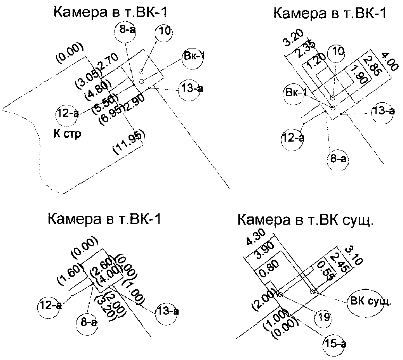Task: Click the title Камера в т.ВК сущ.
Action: (305, 220)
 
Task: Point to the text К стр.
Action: (68, 134)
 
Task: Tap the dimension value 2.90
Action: (133, 103)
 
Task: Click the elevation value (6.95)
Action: (110, 112)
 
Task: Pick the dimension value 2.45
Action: (337, 262)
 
